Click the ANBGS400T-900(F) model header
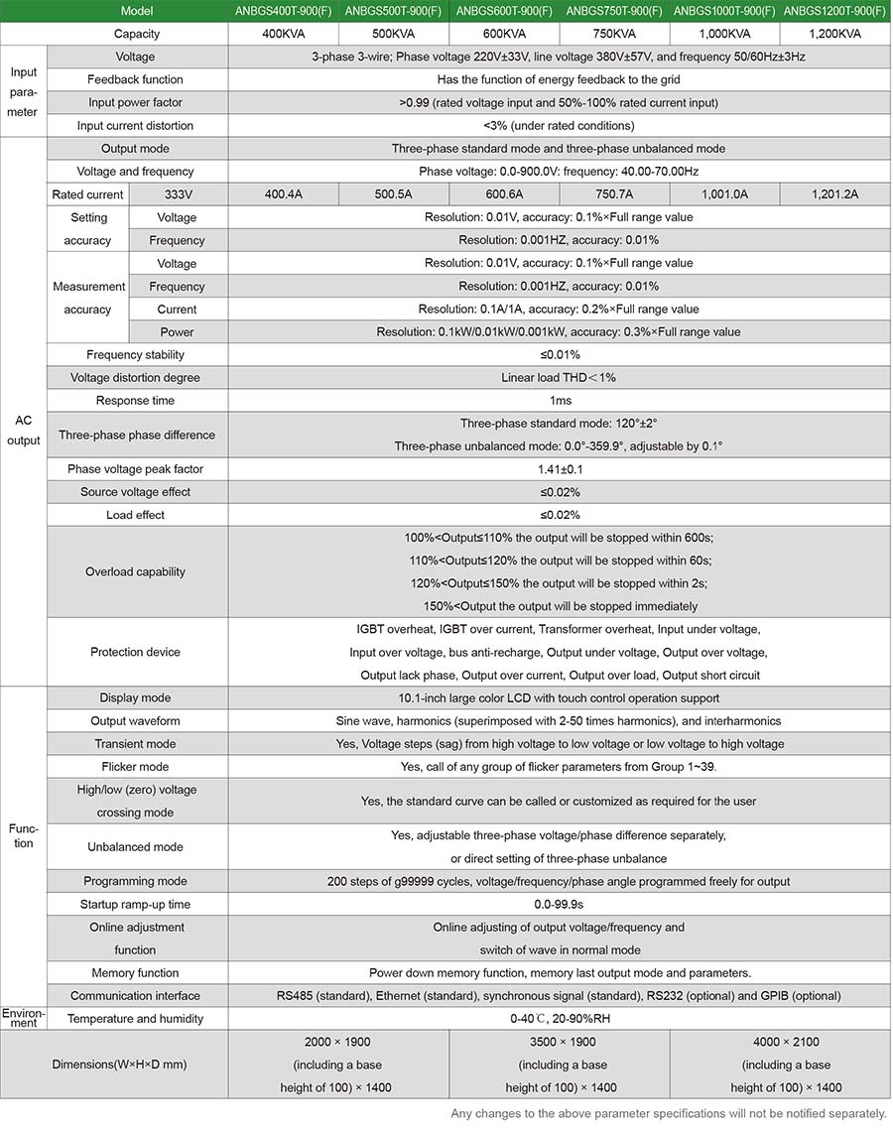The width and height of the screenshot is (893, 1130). (x=284, y=10)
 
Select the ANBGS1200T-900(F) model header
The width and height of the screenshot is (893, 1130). (x=835, y=10)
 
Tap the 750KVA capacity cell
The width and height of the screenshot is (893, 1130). (x=615, y=34)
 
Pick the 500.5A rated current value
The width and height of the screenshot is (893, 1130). (x=394, y=194)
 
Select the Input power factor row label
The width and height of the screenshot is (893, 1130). (x=135, y=102)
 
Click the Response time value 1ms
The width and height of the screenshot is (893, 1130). (x=560, y=401)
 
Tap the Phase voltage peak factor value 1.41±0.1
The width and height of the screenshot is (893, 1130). (x=560, y=469)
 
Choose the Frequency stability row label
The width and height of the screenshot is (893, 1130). (x=135, y=355)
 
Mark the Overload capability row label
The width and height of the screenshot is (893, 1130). (x=135, y=571)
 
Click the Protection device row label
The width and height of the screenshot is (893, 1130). (x=135, y=652)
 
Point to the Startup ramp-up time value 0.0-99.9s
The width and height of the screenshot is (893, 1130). (x=560, y=905)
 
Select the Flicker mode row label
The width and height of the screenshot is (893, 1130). (x=135, y=767)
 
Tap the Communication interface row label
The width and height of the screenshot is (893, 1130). (x=135, y=996)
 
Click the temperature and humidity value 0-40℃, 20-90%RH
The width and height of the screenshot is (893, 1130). (x=560, y=1019)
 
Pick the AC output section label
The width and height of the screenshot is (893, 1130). (x=24, y=431)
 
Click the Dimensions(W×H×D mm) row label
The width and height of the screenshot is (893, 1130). (x=119, y=1065)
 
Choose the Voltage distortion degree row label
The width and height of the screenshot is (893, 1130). (x=135, y=378)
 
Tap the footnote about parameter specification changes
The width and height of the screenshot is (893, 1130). (x=668, y=1114)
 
